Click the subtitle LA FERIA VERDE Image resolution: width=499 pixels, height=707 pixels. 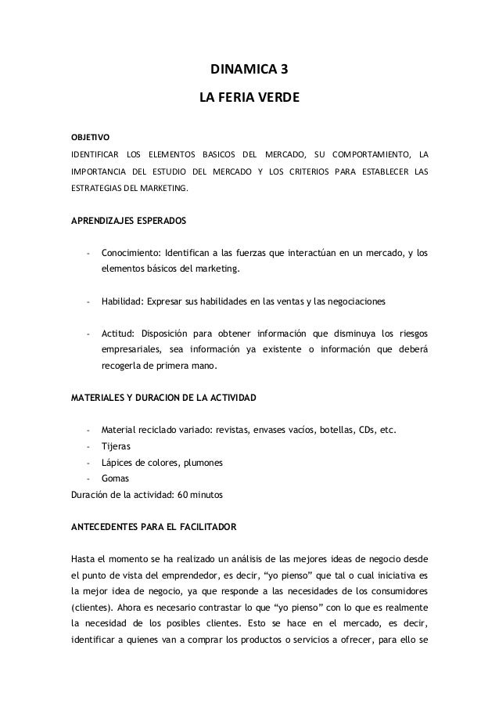[x=249, y=99]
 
